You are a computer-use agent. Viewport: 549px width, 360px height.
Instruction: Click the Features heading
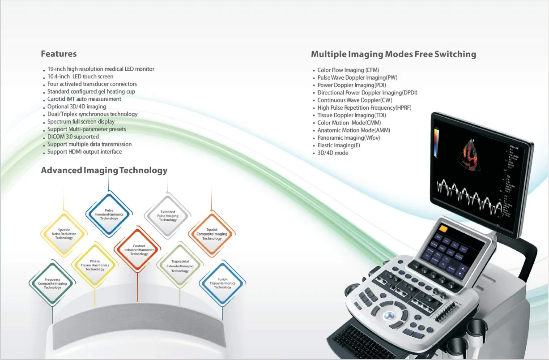59,54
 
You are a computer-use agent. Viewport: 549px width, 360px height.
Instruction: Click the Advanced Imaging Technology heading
104,171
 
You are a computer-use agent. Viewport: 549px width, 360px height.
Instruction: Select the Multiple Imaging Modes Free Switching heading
393,55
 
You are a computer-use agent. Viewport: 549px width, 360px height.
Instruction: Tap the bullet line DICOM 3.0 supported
73,137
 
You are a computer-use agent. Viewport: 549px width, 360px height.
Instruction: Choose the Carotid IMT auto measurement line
84,99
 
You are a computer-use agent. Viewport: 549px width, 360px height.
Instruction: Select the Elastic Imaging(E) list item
339,145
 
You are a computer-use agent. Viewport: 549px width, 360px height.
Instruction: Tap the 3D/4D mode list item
332,153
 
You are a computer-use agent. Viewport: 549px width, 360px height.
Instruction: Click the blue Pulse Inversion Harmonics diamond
109,214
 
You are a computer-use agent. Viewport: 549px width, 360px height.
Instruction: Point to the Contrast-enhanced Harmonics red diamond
139,250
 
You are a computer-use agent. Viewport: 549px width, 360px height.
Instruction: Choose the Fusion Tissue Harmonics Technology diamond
222,283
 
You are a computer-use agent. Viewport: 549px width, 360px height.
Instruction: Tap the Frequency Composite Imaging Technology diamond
52,283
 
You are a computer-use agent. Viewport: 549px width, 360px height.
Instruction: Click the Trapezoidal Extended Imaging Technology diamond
180,266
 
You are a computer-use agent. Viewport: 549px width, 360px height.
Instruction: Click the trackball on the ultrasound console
388,315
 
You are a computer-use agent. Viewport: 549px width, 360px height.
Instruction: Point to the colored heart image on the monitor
470,155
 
